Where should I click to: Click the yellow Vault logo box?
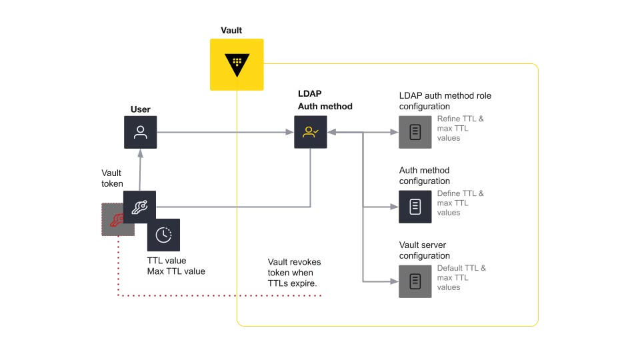pyautogui.click(x=237, y=65)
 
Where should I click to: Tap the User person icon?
pyautogui.click(x=141, y=132)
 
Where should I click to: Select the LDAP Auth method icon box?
pyautogui.click(x=311, y=132)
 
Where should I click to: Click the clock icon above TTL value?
pyautogui.click(x=164, y=235)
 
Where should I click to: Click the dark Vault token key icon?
pyautogui.click(x=139, y=207)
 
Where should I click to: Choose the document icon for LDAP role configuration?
pyautogui.click(x=415, y=132)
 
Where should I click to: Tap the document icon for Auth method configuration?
pyautogui.click(x=415, y=207)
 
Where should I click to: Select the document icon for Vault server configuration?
pyautogui.click(x=415, y=281)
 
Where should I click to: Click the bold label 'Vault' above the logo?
pyautogui.click(x=231, y=30)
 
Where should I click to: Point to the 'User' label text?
pyautogui.click(x=141, y=109)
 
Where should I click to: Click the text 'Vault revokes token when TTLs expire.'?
pyautogui.click(x=294, y=273)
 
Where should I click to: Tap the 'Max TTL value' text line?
pyautogui.click(x=176, y=271)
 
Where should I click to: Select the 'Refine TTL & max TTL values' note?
pyautogui.click(x=461, y=128)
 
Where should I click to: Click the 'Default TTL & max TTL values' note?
pyautogui.click(x=461, y=277)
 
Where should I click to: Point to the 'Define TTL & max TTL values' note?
pyautogui.click(x=461, y=203)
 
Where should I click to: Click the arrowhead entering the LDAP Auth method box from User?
pyautogui.click(x=290, y=132)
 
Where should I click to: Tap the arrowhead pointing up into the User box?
pyautogui.click(x=141, y=153)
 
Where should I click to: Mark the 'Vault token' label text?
pyautogui.click(x=112, y=179)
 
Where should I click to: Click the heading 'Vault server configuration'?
pyautogui.click(x=425, y=250)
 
